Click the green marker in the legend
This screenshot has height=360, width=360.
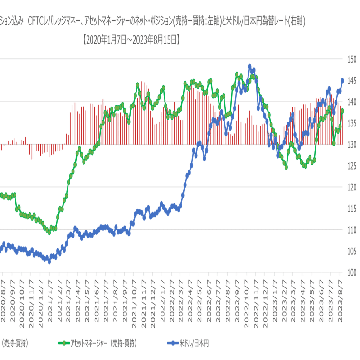pos(65,343)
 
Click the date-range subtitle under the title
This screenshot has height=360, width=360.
pos(131,40)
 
